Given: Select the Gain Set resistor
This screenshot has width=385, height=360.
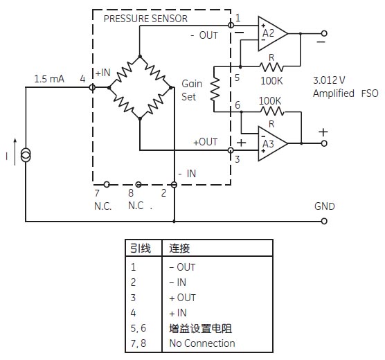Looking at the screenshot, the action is pyautogui.click(x=215, y=89).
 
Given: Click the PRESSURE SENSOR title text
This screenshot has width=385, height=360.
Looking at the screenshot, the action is pyautogui.click(x=145, y=19).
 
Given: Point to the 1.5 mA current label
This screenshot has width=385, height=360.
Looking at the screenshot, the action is pyautogui.click(x=49, y=79).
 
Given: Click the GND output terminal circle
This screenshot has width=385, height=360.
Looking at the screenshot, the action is pyautogui.click(x=324, y=222).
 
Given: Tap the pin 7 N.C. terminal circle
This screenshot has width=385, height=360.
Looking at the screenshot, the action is pyautogui.click(x=107, y=184).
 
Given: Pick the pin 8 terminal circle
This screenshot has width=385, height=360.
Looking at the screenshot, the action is pyautogui.click(x=138, y=184).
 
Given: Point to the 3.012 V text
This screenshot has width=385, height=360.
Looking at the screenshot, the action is pyautogui.click(x=329, y=80).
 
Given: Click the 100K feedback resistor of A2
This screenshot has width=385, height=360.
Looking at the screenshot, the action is pyautogui.click(x=271, y=66).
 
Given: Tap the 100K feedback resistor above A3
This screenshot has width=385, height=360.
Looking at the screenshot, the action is pyautogui.click(x=273, y=111).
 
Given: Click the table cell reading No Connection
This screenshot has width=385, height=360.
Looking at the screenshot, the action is pyautogui.click(x=202, y=343).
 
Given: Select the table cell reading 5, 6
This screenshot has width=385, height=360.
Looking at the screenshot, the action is pyautogui.click(x=138, y=328).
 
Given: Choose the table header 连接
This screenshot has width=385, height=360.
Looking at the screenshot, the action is pyautogui.click(x=179, y=249).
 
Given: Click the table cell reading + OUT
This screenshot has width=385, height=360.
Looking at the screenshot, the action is pyautogui.click(x=182, y=298).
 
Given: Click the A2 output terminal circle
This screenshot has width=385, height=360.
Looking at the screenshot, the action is pyautogui.click(x=324, y=33).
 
